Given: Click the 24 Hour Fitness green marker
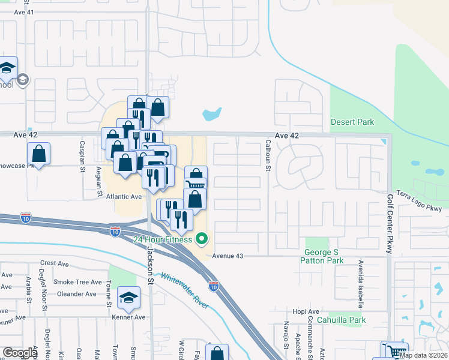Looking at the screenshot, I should point(202,241).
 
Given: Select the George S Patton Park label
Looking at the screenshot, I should point(324,257).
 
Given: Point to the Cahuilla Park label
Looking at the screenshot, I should point(341,320).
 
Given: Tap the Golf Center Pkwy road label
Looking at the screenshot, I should point(389,224).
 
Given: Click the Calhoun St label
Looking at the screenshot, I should point(268,155).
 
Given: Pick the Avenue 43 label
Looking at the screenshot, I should point(227,256).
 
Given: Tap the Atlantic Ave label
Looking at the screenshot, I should point(124,196).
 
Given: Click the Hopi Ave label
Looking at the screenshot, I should point(306,311).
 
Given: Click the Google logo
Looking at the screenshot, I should point(20,353).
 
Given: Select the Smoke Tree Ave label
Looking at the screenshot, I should point(77,282).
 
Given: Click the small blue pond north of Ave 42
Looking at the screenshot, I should point(212,113).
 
